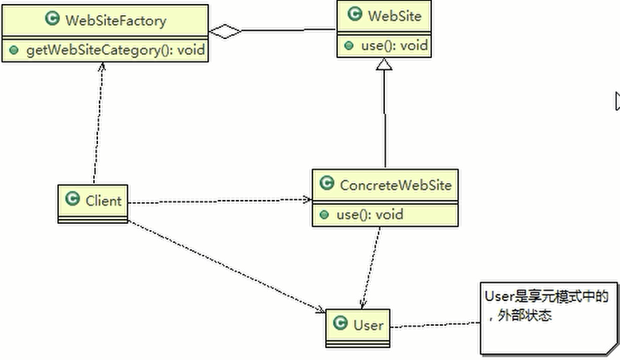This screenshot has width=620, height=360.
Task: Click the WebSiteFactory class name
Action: click(116, 20)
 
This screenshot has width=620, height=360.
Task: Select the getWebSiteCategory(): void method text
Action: click(116, 50)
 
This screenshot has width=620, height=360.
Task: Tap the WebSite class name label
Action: click(394, 16)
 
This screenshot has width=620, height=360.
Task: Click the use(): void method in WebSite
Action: click(394, 45)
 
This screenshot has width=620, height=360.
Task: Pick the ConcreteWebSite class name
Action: click(395, 185)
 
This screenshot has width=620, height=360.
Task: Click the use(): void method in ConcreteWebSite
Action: click(370, 214)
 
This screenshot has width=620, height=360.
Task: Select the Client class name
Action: click(104, 201)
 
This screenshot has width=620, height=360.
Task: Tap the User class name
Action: click(368, 325)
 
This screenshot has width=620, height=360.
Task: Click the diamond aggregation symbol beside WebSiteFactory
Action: click(225, 31)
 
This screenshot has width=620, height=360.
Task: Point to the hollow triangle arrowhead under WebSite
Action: click(384, 64)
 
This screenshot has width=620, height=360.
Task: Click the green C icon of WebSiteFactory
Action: click(52, 18)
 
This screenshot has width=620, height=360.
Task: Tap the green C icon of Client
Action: click(73, 198)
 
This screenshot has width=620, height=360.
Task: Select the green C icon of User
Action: click(340, 323)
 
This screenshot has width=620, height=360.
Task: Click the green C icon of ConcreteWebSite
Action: click(327, 182)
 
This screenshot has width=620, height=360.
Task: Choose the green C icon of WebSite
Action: click(355, 14)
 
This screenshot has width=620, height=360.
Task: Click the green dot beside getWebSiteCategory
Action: click(14, 50)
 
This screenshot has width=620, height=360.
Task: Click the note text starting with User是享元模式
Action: click(547, 306)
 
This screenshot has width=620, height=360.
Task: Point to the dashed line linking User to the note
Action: click(435, 324)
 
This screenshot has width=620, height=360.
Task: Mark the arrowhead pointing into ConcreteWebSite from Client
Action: click(308, 199)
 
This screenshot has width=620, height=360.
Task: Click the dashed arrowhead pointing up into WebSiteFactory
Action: click(102, 66)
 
